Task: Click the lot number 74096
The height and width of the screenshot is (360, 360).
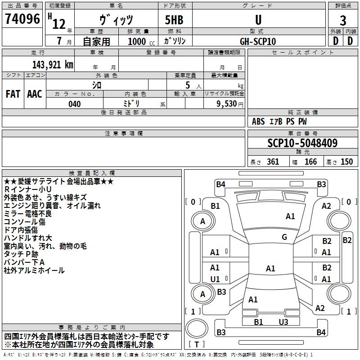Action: pos(22,20)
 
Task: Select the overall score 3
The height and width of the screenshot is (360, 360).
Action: pos(343,20)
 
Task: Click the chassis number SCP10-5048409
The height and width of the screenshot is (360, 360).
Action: pos(302,143)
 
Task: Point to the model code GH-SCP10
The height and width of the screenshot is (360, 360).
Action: pos(258,41)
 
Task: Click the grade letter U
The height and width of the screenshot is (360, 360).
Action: pos(258,20)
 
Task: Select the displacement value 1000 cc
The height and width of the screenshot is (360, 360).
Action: pos(137,41)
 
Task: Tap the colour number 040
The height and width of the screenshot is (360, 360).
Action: pos(75,104)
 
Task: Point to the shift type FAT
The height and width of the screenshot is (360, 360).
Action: pos(13,94)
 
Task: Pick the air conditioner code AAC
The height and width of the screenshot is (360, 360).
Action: pos(35,94)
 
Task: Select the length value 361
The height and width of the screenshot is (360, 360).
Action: pos(272,162)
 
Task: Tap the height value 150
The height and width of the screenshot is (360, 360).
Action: pos(346,162)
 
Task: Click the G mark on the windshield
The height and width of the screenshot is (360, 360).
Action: pos(284,237)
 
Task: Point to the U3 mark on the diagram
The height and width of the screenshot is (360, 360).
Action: pos(283,322)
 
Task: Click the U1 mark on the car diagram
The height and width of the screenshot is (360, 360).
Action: pos(215,279)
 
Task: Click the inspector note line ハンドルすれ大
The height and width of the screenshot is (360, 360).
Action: pos(28,238)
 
